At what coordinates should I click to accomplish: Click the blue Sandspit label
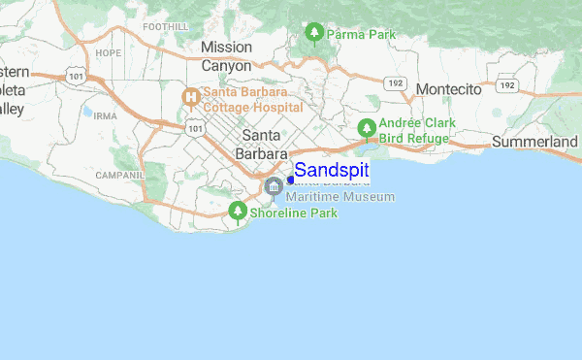coord(331,171)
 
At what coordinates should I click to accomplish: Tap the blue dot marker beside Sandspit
coord(290,180)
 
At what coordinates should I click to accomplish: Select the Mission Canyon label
coord(226,56)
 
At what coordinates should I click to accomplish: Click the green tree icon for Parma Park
coord(313,34)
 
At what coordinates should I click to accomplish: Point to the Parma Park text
coord(362,35)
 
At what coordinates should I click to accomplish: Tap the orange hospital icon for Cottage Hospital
coord(191,96)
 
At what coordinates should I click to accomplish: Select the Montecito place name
coord(448,89)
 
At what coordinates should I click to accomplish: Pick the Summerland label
coord(534,142)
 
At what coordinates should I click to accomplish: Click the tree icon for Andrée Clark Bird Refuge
coord(367,128)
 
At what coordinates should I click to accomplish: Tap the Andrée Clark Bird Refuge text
coord(414,131)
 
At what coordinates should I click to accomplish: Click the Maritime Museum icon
coord(274,186)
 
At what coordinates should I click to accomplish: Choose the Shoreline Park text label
coord(294,213)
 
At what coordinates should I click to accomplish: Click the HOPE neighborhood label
coord(107,52)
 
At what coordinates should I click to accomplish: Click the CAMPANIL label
coord(119,176)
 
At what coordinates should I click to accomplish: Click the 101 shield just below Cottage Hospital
coord(197,126)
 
